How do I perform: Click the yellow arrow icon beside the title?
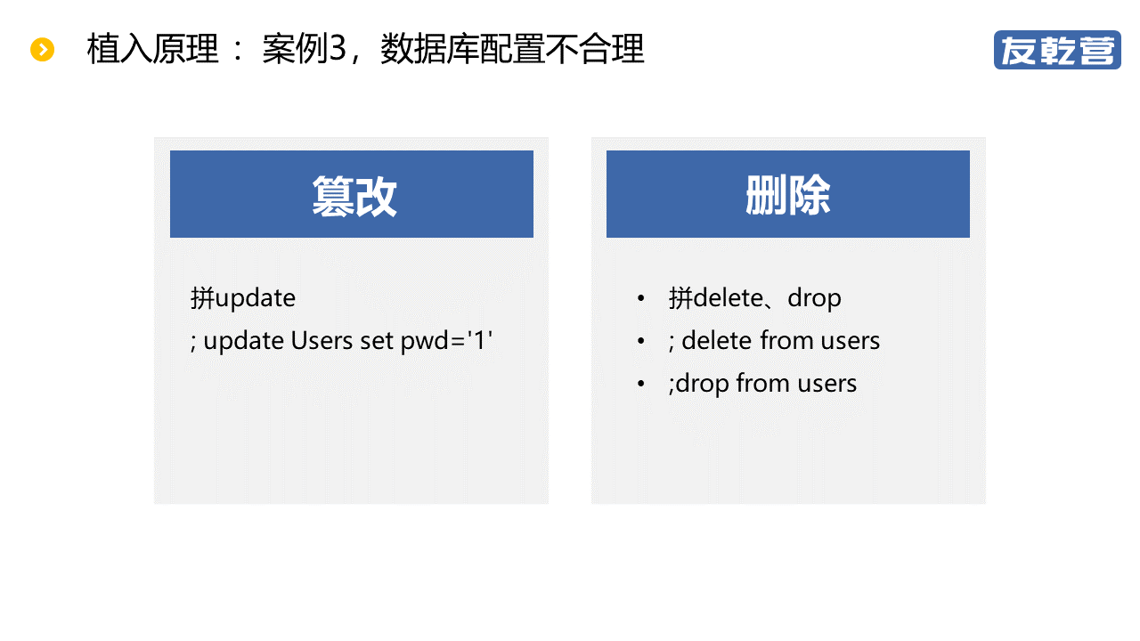click(42, 49)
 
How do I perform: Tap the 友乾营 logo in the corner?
click(1057, 50)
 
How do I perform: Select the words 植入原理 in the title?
click(152, 49)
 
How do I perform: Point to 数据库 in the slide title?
click(429, 49)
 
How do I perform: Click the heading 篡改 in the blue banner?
click(354, 196)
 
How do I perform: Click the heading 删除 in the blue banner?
click(788, 195)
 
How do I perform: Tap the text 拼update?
click(243, 298)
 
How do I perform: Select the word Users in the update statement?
click(322, 340)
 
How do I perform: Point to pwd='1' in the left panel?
click(446, 341)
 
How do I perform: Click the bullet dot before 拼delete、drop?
click(640, 298)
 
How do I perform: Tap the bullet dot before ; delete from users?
click(640, 341)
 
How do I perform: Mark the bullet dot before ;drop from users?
click(640, 384)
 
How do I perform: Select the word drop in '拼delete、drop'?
click(814, 299)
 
